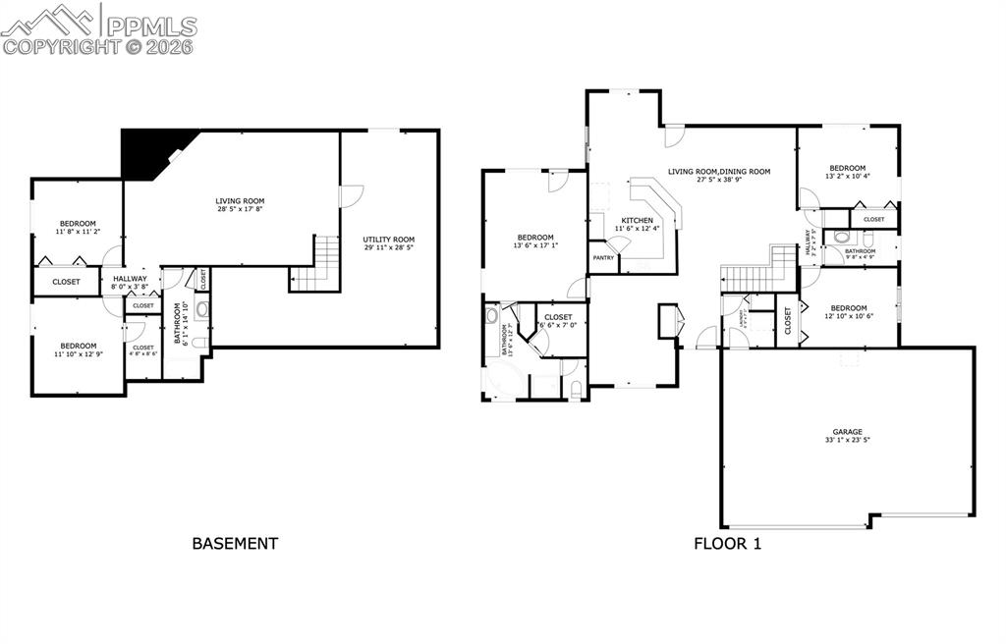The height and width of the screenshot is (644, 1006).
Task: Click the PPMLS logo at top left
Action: click(98, 27)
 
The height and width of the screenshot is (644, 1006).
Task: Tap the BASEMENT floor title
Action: click(235, 543)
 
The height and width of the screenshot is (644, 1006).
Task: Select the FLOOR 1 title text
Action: click(727, 543)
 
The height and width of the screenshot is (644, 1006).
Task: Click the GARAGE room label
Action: click(847, 431)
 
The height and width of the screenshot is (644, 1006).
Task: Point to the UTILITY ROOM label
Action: click(388, 240)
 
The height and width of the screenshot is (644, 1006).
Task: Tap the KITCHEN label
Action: click(637, 220)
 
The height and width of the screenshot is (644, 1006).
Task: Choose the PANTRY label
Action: click(602, 257)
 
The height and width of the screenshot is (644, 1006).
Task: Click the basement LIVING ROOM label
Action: click(241, 200)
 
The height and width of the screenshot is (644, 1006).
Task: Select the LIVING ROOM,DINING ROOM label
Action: click(719, 172)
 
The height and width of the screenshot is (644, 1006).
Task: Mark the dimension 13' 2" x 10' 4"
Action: click(847, 177)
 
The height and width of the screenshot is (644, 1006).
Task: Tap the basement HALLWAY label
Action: click(130, 278)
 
